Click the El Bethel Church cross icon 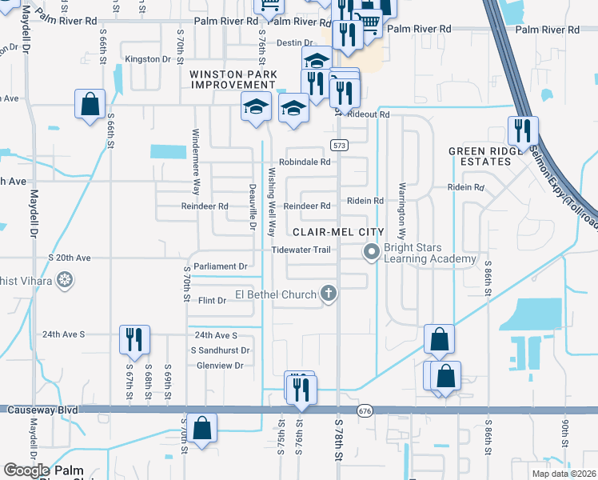pos(328,294)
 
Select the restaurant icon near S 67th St pos(133,339)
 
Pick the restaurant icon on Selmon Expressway pos(523,130)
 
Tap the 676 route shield pos(365,410)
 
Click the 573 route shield pos(339,145)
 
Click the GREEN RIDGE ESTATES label pos(480,156)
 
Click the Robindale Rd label pos(305,162)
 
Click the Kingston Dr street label pos(149,59)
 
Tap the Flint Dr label pos(213,300)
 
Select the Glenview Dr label pos(219,365)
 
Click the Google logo pos(26,470)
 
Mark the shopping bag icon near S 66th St pos(90,103)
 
